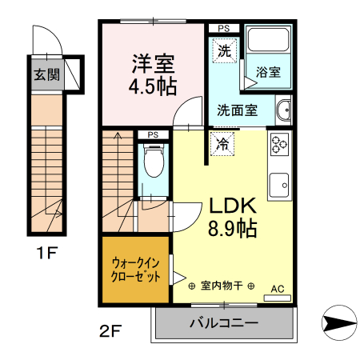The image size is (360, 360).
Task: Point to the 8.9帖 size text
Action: pos(232,229)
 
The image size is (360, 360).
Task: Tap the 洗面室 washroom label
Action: pos(238,110)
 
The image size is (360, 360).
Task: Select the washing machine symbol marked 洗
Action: pos(225,50)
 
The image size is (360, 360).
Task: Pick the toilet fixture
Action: pos(152,162)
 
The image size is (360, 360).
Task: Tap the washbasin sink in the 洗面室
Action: pos(284,110)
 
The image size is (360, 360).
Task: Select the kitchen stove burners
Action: pos(279,146)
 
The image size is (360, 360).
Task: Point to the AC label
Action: pos(278,289)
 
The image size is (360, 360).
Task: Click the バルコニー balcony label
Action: pos(223,325)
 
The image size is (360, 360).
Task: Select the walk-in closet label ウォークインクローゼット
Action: pos(135,270)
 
